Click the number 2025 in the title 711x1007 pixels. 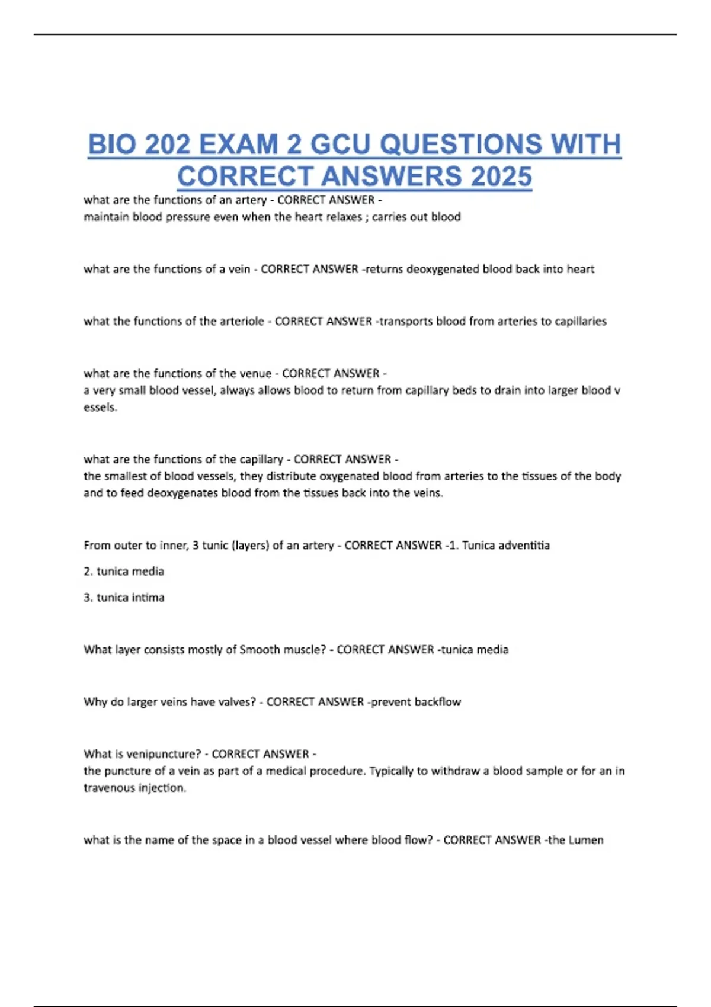501,177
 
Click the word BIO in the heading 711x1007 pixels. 112,145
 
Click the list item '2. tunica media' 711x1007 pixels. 124,571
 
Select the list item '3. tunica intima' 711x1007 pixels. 124,597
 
